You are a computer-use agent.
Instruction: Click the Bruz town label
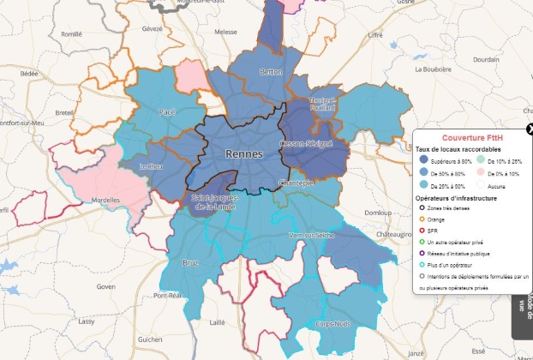[x=191, y=263]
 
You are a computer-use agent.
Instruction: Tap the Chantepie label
[x=296, y=183]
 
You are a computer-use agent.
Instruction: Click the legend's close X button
[x=530, y=129]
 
